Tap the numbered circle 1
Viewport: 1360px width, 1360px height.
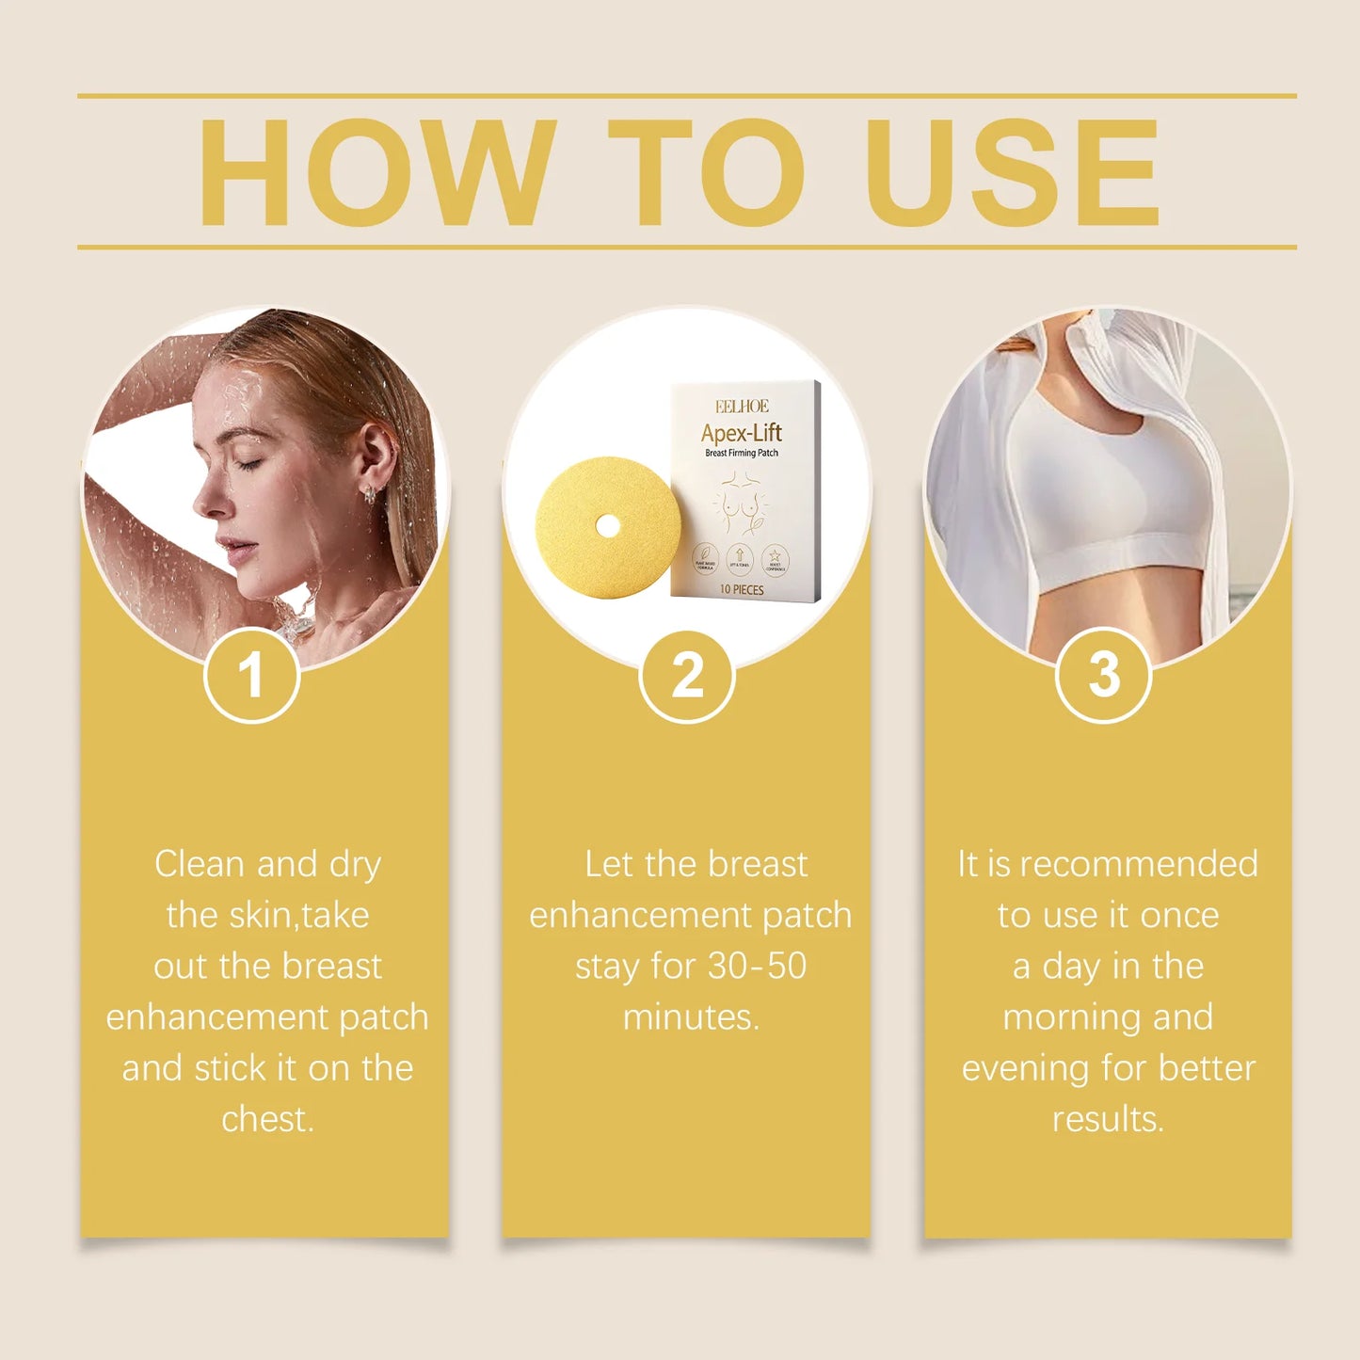point(251,675)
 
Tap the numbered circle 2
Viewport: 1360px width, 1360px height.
point(687,676)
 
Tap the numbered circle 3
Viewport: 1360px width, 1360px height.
point(1104,675)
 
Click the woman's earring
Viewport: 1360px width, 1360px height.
point(371,492)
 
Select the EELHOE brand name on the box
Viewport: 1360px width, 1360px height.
point(742,407)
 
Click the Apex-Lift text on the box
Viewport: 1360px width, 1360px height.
point(742,433)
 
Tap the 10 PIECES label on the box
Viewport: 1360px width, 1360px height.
point(742,590)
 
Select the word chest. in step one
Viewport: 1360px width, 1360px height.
point(267,1119)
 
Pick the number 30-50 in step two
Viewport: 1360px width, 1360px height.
point(757,967)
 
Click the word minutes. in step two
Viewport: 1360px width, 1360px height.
point(691,1017)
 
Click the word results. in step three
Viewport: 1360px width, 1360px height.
point(1108,1119)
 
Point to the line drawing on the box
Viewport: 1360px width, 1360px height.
point(741,503)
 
